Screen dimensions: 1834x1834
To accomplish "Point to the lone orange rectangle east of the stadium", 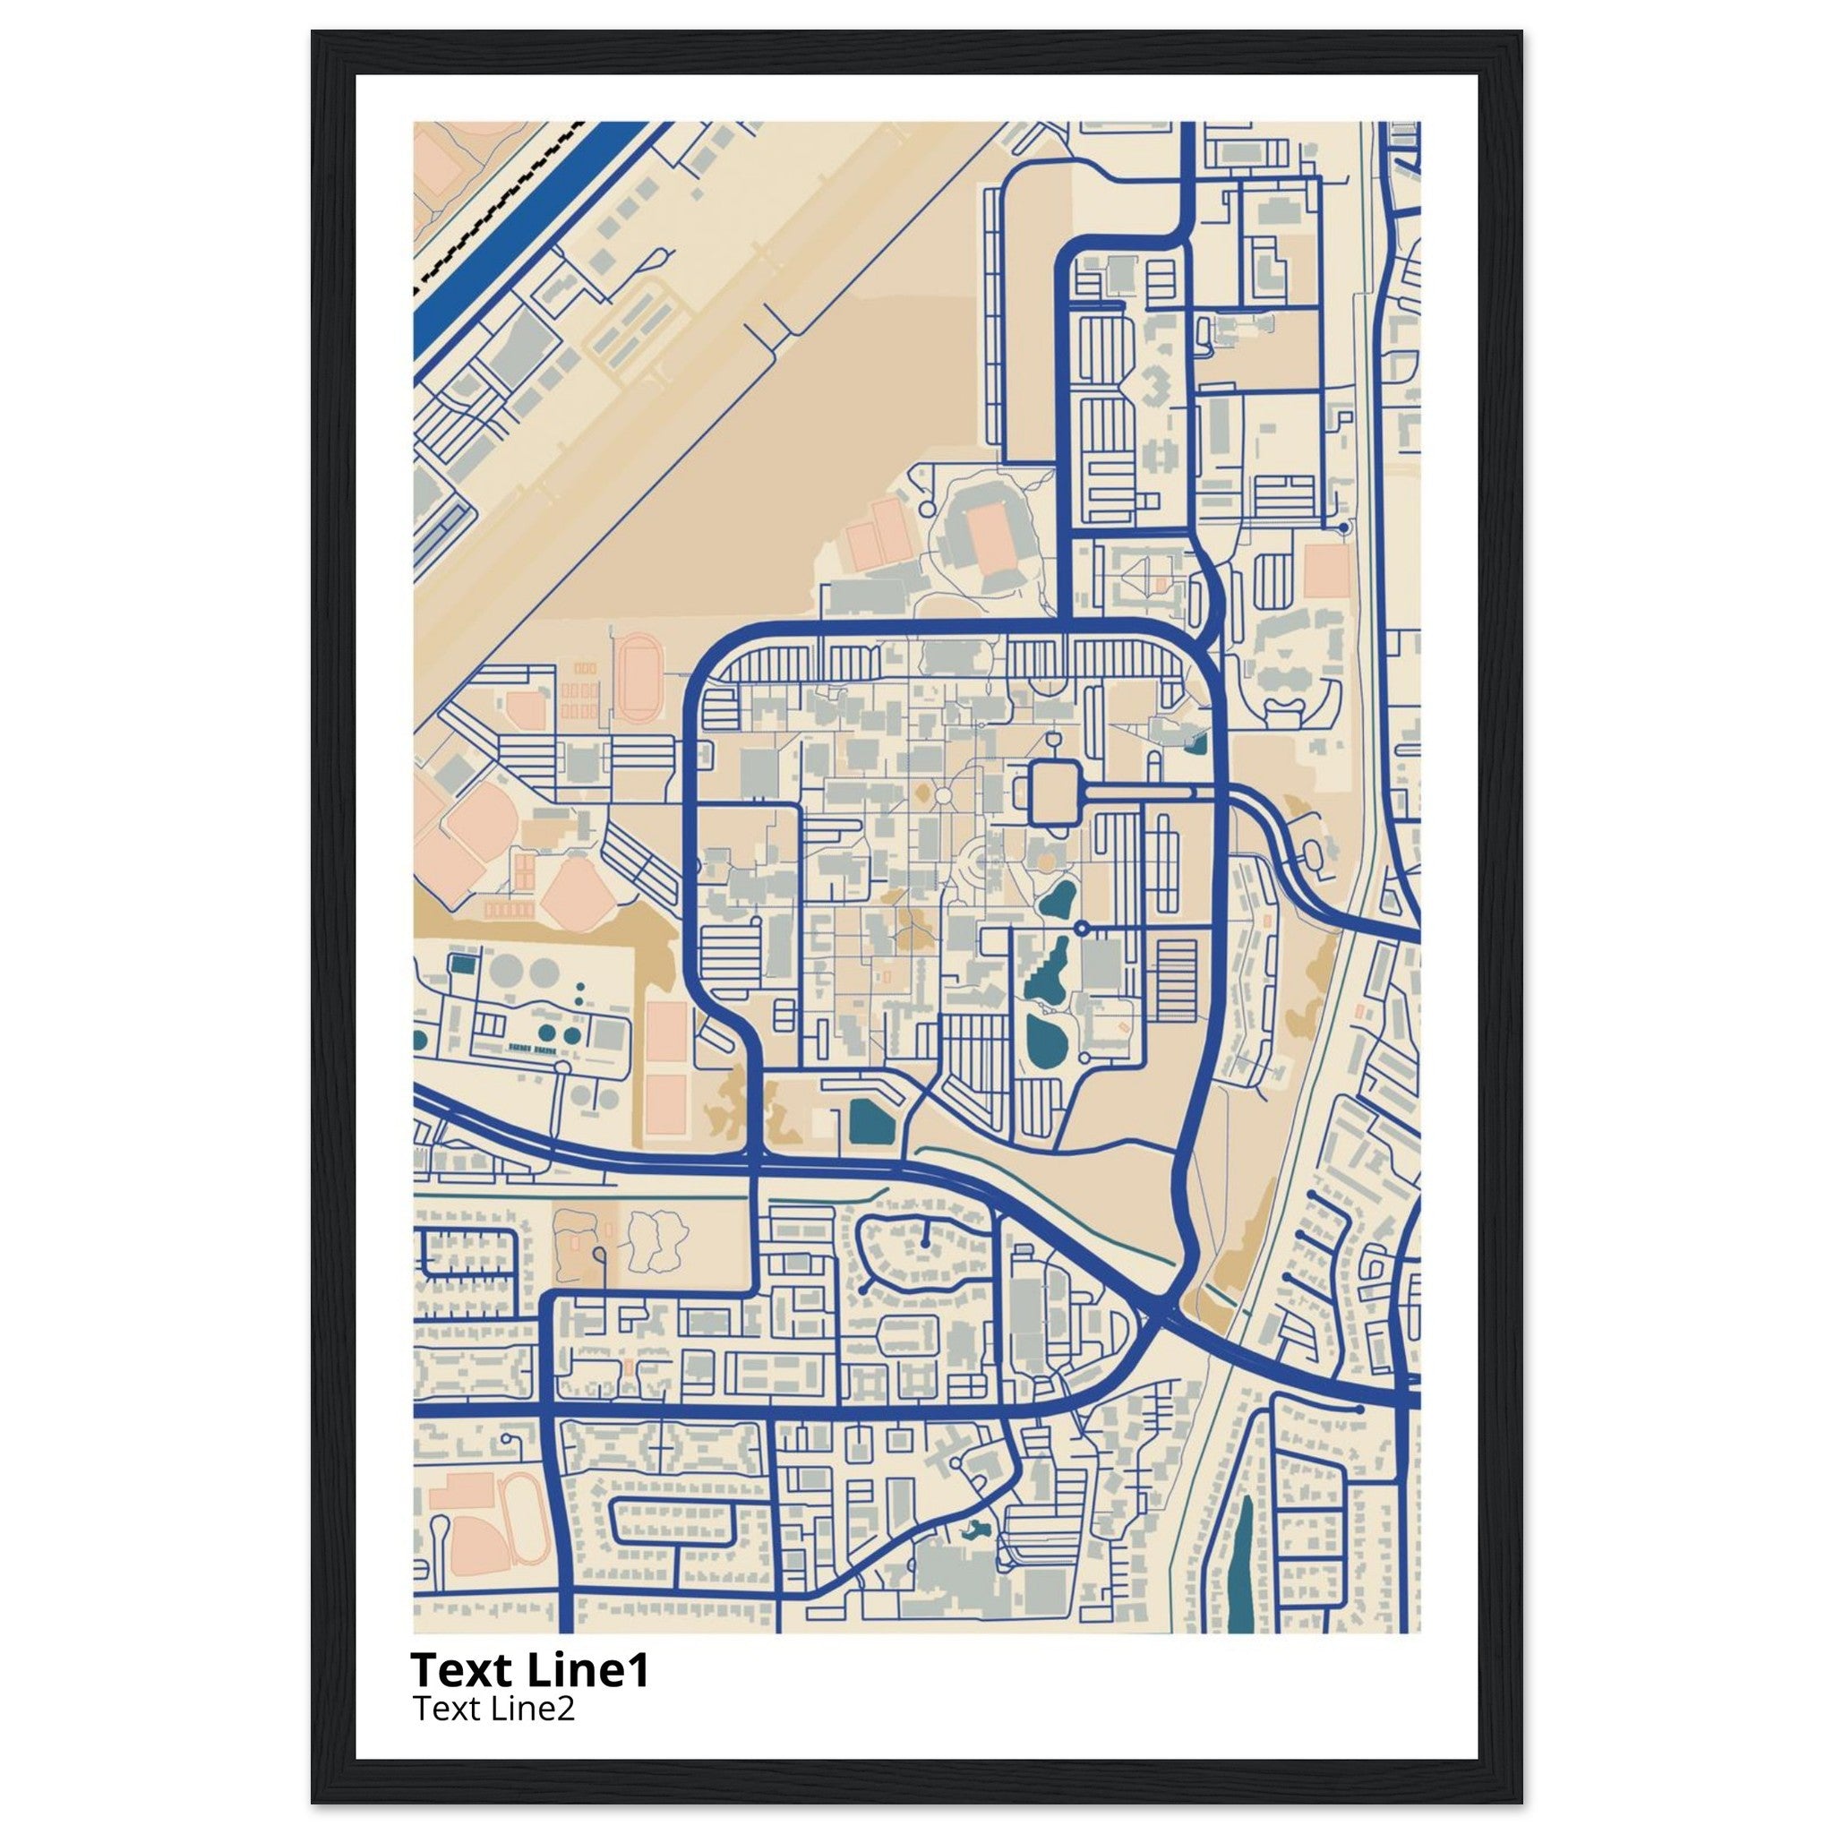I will [x=1326, y=571].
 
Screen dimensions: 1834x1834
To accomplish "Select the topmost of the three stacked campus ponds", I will [x=1058, y=896].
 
